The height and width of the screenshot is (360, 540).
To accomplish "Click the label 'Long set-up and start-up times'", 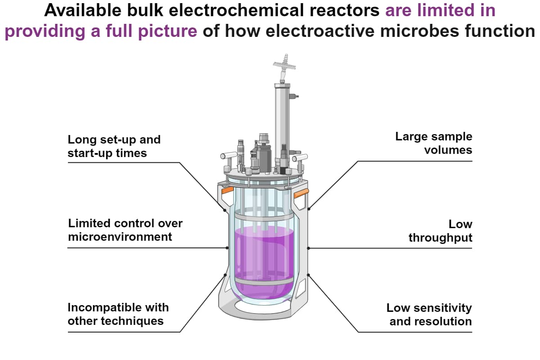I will pyautogui.click(x=114, y=146).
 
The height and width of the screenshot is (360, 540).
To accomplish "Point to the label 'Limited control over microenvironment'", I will pyautogui.click(x=125, y=229).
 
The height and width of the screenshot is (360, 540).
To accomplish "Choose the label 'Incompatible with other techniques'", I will pyautogui.click(x=118, y=314).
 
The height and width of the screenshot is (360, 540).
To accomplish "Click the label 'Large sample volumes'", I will pyautogui.click(x=433, y=143).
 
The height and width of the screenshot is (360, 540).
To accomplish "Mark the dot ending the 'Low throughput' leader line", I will pyautogui.click(x=309, y=248).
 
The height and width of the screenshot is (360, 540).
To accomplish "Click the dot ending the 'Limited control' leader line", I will pyautogui.click(x=227, y=247).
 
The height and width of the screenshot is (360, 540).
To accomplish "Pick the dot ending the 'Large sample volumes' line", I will pyautogui.click(x=310, y=208).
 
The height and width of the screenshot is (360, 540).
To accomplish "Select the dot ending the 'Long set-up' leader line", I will pyautogui.click(x=225, y=210).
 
